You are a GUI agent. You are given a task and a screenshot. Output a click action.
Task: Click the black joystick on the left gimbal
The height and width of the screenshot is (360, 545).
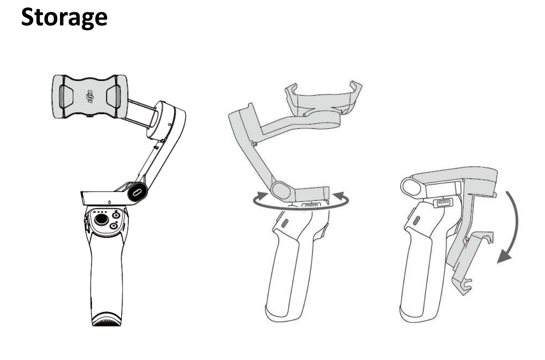point(101,220)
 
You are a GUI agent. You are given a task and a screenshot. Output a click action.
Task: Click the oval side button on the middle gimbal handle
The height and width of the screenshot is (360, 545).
point(285,223)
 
